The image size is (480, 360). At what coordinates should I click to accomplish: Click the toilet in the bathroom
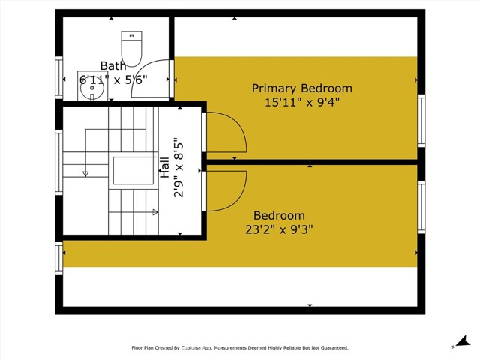(x=132, y=49)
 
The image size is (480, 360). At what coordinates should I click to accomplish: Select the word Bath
(x=114, y=67)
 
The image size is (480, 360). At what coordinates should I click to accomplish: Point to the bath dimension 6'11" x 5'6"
(x=115, y=79)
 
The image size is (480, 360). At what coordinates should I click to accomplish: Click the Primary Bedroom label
(x=301, y=88)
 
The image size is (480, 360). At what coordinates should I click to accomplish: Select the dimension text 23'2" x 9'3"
(x=278, y=229)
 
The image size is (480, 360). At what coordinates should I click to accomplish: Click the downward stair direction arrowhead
(x=85, y=173)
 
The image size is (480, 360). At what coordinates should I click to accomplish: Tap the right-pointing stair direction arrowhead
(x=155, y=212)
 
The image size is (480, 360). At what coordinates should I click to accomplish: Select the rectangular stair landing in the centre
(x=132, y=171)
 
